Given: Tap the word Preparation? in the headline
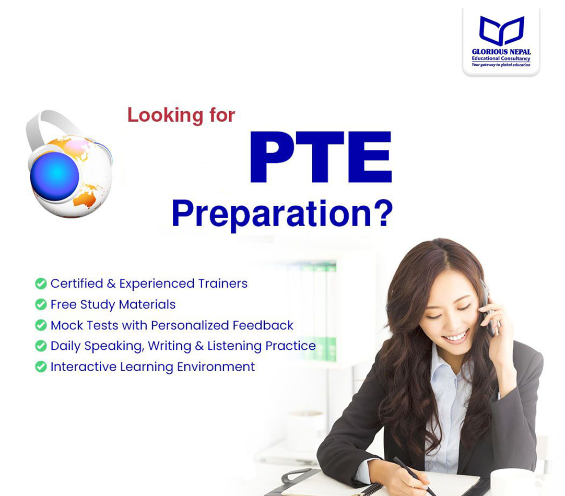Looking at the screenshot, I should coord(282,214).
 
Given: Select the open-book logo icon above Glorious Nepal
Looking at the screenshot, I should coord(501,31).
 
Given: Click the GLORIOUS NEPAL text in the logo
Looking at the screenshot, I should coord(501,52).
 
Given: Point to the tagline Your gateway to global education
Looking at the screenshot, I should coord(501,65).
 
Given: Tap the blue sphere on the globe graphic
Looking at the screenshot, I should coord(54,176).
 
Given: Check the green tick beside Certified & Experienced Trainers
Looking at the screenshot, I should coord(41,284).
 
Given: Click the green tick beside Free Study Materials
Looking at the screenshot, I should coord(41,304).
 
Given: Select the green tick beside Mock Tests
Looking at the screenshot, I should coord(41,325).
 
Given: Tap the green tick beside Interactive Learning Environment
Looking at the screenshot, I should coord(41,367).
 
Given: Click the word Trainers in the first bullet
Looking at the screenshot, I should coord(223,284).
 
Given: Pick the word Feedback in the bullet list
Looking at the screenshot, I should coord(263,325).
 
